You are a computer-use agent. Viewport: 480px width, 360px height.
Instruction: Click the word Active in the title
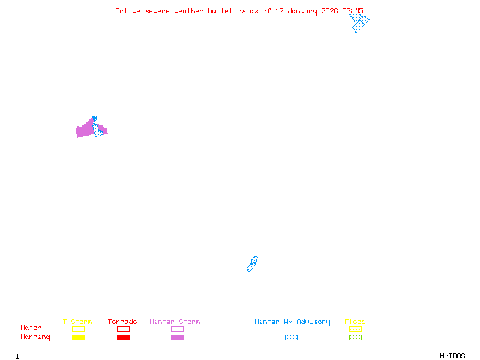(128, 11)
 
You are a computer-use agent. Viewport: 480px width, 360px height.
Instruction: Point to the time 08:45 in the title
(353, 11)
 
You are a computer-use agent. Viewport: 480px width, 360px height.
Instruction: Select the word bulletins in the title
(227, 11)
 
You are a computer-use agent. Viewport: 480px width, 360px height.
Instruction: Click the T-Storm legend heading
(77, 322)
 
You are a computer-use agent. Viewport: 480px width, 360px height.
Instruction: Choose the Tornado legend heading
(122, 322)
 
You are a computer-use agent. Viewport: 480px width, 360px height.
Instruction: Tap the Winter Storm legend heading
(175, 322)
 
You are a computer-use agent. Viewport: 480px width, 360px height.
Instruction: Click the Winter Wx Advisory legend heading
(292, 322)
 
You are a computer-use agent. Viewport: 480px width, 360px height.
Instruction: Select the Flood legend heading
(355, 322)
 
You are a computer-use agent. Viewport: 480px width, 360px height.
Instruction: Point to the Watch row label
(31, 328)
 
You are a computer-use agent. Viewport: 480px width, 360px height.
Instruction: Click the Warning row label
(35, 337)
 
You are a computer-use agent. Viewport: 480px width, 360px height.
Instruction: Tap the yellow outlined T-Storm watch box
(78, 329)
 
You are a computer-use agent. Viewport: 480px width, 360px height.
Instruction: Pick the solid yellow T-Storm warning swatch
(78, 337)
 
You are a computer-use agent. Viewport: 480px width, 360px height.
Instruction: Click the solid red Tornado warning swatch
(123, 337)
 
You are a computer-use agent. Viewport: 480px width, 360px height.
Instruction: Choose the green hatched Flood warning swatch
(355, 337)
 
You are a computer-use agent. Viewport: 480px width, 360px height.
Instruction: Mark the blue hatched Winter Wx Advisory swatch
(291, 337)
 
